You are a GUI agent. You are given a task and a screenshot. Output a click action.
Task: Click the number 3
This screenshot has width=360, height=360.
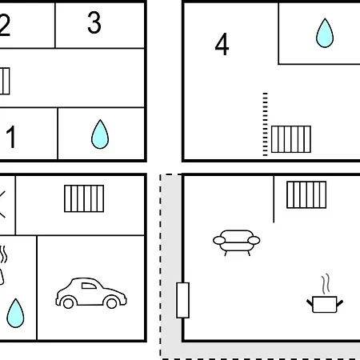coord(94,22)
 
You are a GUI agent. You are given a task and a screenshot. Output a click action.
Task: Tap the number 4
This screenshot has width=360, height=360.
coord(222,44)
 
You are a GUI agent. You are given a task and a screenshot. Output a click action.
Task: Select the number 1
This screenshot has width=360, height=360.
coord(11,137)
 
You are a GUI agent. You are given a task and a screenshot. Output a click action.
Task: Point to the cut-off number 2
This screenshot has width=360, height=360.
coord(5,25)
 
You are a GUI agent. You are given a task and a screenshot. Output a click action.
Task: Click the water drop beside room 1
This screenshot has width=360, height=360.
coord(100,134)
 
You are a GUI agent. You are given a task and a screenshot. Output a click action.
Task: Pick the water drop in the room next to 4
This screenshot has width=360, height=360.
coord(325,33)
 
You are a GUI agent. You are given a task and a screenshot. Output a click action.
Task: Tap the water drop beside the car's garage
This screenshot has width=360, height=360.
coord(15,313)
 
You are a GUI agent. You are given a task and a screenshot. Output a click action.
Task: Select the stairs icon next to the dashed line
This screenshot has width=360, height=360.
coord(291,139)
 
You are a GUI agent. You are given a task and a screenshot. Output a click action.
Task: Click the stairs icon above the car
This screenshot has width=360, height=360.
coord(84,198)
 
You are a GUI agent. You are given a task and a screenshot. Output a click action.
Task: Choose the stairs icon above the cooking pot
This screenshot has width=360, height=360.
coord(306,194)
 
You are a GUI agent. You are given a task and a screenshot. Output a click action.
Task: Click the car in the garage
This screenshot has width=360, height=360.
coord(91,293)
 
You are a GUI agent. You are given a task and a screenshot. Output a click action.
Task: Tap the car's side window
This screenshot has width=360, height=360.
coord(89,286)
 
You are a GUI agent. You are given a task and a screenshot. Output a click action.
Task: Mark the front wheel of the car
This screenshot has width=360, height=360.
coord(112,302)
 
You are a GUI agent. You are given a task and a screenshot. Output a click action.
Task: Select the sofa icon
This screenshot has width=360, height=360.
coord(237,242)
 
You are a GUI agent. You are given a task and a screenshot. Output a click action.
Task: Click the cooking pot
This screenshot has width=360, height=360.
coord(325,304)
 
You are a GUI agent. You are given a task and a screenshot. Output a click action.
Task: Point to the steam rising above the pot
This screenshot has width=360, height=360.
coord(326,284)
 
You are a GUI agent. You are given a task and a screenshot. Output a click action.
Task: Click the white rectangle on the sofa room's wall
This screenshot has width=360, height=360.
coord(183,300)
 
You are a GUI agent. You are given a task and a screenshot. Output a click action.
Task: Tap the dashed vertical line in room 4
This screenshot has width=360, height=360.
coord(265,124)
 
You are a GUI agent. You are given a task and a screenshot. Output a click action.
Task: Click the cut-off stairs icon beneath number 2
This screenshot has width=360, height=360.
coord(5,81)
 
